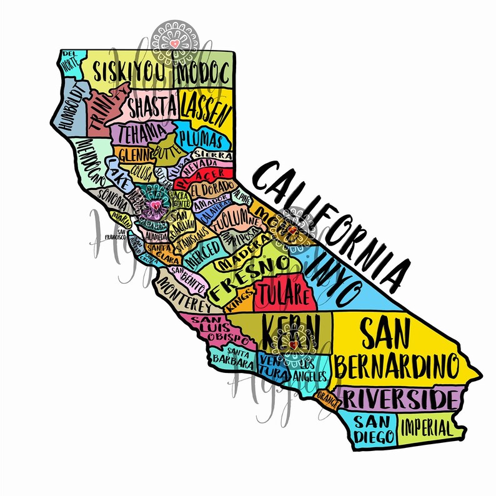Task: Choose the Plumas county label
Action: [x=201, y=137]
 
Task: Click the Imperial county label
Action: [x=426, y=429]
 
